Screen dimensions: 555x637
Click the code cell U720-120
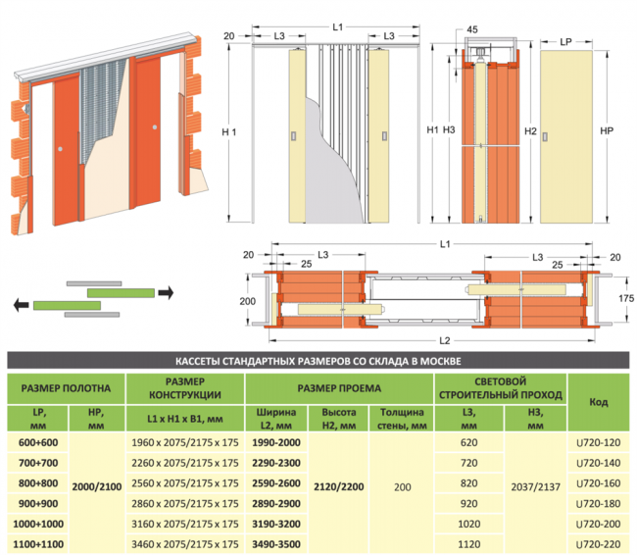pos(597,442)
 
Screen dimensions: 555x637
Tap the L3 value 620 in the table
pos(467,442)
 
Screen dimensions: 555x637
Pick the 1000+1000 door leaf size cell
pos(37,524)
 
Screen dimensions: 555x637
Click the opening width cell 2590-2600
pos(276,483)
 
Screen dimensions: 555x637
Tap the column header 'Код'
pos(597,401)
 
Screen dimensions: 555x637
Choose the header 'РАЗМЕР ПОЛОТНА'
pos(66,386)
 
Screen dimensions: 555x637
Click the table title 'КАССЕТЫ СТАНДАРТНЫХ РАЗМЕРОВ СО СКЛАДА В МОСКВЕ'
pos(318,360)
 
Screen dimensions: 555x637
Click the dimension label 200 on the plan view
pos(246,301)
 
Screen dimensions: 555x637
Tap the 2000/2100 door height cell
pos(95,483)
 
